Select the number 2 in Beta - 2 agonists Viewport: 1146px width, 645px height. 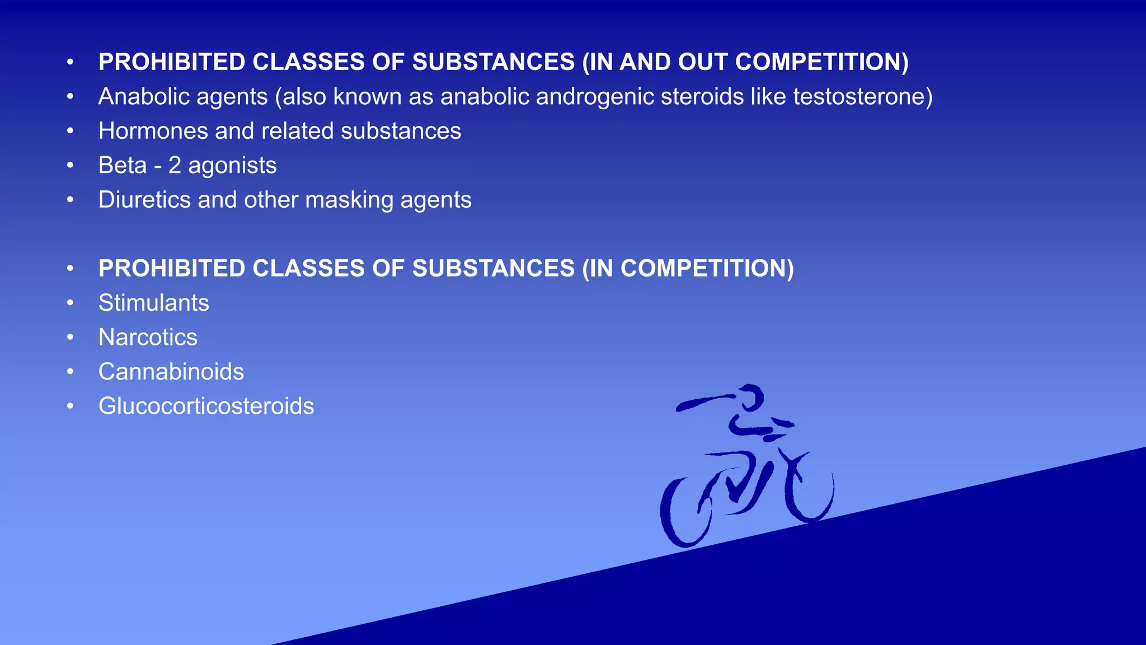click(x=175, y=165)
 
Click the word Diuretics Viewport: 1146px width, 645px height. click(x=144, y=200)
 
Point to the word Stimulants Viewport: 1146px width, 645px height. click(x=154, y=303)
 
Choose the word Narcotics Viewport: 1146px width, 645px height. click(x=148, y=337)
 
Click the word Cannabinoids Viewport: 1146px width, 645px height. click(x=171, y=372)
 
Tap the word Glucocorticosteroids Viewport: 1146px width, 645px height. click(x=206, y=406)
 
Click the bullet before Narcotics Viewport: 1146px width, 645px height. click(x=70, y=337)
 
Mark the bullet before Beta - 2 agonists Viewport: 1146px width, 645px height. click(x=70, y=165)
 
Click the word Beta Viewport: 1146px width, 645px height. click(x=123, y=165)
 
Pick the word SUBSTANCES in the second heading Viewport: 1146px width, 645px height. click(x=493, y=268)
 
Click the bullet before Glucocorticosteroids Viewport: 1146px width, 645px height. click(x=70, y=406)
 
